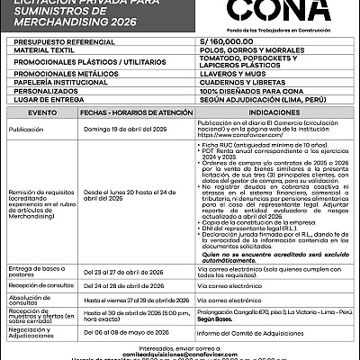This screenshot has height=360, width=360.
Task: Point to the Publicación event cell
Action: (27, 129)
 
